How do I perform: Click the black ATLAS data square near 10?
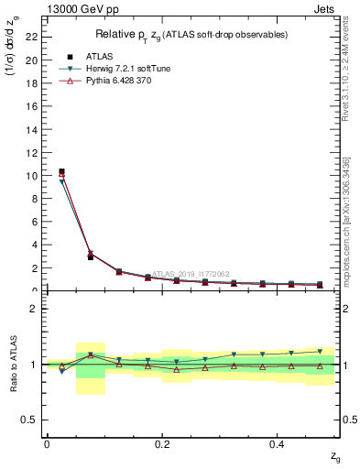click(x=61, y=171)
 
